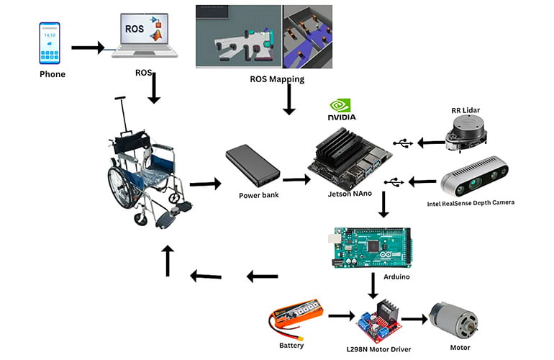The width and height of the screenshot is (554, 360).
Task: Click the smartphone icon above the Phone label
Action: pyautogui.click(x=50, y=43)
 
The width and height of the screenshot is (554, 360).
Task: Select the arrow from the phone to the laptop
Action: pyautogui.click(x=88, y=48)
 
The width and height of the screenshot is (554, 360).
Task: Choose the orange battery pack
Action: pyautogui.click(x=294, y=320)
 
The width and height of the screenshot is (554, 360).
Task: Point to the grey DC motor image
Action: pyautogui.click(x=453, y=320)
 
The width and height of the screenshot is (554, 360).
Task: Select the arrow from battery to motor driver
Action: pyautogui.click(x=340, y=315)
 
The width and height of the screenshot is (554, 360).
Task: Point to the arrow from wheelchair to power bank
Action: pyautogui.click(x=205, y=184)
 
